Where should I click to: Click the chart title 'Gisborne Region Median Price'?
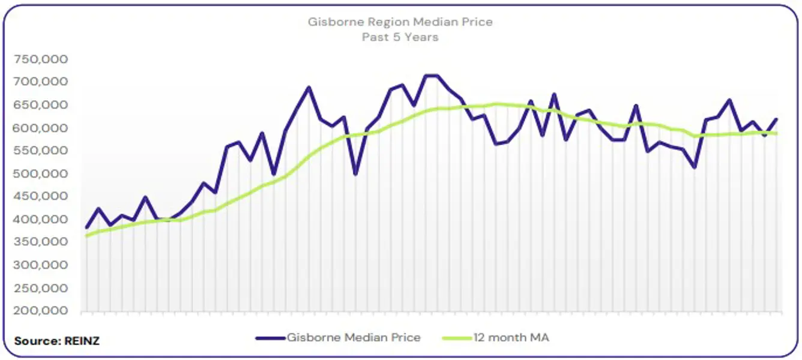coord(400,22)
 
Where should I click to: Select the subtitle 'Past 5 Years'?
coord(400,37)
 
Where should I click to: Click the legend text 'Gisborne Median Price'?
coord(354,338)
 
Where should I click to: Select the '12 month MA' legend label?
coord(511,338)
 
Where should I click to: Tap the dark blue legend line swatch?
coord(270,338)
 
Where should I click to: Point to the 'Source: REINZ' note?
coord(57,341)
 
